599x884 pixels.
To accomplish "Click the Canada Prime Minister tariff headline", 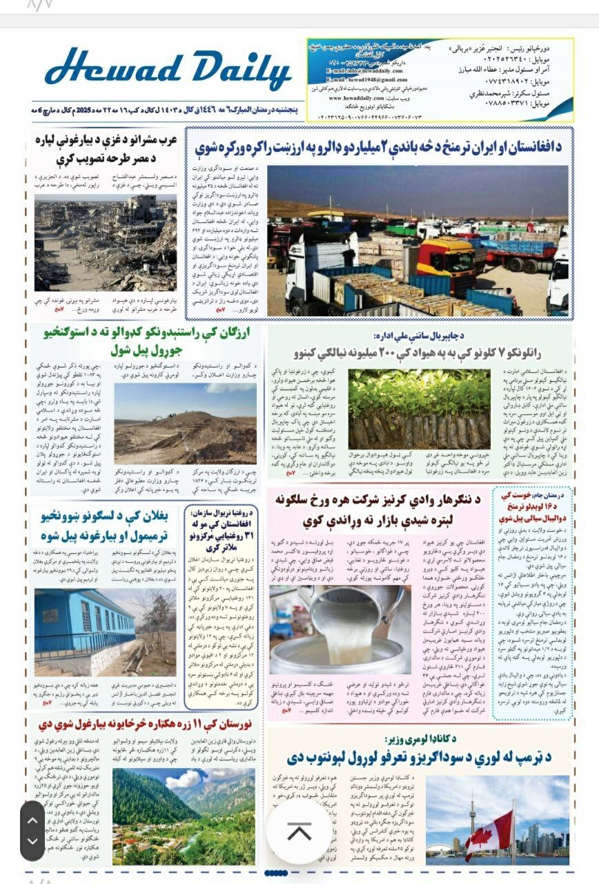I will pyautogui.click(x=422, y=758).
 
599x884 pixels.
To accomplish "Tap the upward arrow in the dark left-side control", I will pyautogui.click(x=32, y=820).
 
